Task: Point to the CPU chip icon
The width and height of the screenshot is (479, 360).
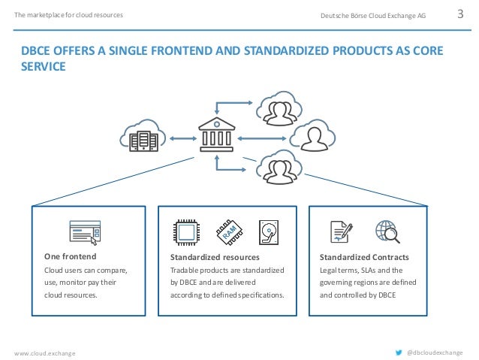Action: click(x=185, y=233)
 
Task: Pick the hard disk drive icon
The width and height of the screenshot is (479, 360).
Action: click(x=269, y=233)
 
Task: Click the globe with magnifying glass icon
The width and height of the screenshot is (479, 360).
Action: click(x=387, y=232)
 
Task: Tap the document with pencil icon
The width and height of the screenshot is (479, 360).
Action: click(x=342, y=233)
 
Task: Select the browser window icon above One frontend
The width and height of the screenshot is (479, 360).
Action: click(x=85, y=233)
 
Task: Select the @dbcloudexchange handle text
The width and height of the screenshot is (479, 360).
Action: click(x=435, y=351)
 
